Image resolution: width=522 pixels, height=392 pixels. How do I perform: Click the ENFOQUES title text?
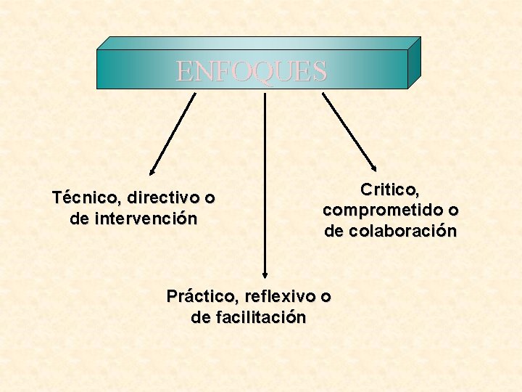point(252,71)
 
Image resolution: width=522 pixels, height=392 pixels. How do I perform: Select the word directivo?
point(165,197)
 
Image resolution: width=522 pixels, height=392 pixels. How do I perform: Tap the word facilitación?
point(260,317)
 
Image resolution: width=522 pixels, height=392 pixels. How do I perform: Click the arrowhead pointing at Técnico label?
point(152,173)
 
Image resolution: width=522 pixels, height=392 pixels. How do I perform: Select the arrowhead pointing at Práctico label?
point(265,274)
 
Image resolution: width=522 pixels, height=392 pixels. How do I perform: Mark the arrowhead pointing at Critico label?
point(375,167)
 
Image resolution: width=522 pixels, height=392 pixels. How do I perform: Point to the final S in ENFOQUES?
point(320,71)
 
